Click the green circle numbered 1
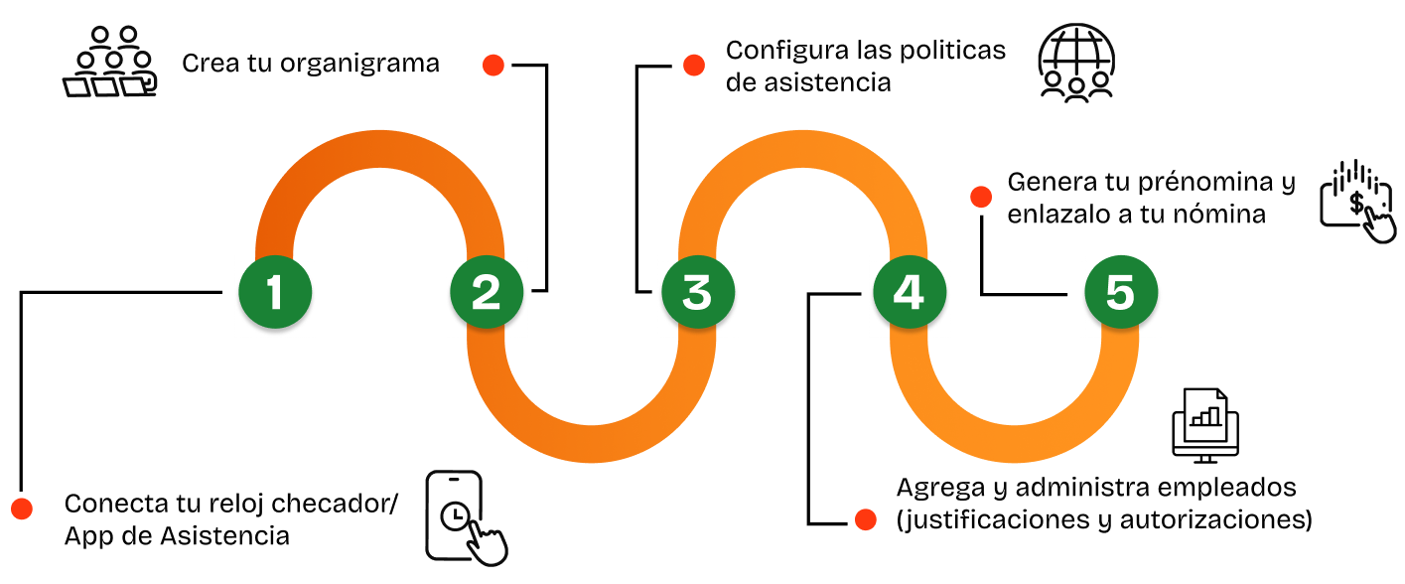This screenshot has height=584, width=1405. [275, 292]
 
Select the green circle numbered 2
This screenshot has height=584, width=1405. [487, 292]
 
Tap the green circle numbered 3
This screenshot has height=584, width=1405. [698, 292]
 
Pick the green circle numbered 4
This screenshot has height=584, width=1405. [910, 292]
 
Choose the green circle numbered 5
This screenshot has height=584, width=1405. [1120, 292]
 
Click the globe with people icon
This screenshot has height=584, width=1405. [1076, 62]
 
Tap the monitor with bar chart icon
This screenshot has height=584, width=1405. [1205, 423]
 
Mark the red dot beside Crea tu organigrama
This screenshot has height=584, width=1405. [492, 66]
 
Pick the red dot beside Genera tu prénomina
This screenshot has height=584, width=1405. [981, 196]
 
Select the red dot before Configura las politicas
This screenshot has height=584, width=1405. [693, 66]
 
